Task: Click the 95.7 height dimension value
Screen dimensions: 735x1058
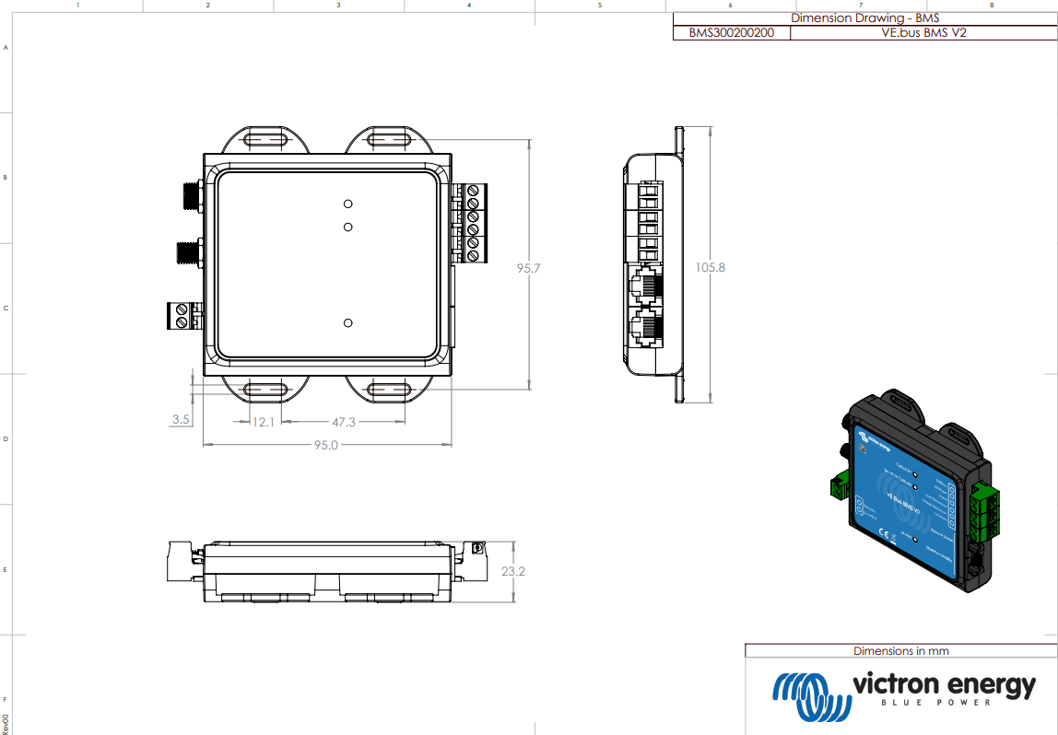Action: tap(528, 268)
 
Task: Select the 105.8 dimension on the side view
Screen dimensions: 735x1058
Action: tap(710, 267)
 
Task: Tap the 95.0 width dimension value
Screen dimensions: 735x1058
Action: tap(326, 445)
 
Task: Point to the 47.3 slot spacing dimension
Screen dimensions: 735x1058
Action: tap(343, 421)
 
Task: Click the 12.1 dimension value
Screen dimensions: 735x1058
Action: tap(264, 421)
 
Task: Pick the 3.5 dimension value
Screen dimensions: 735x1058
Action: tap(181, 420)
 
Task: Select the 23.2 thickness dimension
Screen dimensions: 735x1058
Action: tap(513, 571)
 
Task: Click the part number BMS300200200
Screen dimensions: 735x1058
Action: tap(732, 32)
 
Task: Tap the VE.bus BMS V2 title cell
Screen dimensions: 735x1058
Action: tap(923, 32)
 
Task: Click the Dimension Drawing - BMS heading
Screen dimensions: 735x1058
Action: tap(864, 17)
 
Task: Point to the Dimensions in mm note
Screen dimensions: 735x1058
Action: tap(900, 650)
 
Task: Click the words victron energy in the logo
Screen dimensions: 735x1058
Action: tap(944, 685)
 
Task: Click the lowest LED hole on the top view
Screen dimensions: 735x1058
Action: tap(347, 323)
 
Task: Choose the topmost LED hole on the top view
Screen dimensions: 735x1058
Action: tap(347, 204)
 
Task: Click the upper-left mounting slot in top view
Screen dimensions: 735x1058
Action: tap(264, 140)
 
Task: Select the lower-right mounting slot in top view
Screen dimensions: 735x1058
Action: tap(388, 391)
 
